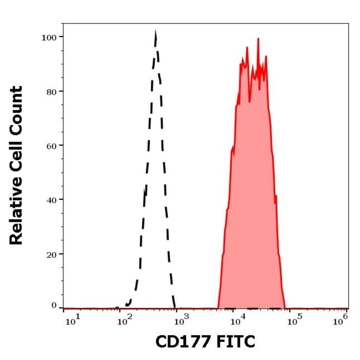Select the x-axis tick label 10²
pos(124,322)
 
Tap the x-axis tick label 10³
pos(181,322)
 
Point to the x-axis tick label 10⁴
pos(237,322)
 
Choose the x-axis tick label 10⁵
pos(294,322)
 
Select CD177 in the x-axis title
pos(181,342)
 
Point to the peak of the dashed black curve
pos(155,32)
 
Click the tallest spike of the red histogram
pos(258,39)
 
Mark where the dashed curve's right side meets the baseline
pos(175,308)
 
